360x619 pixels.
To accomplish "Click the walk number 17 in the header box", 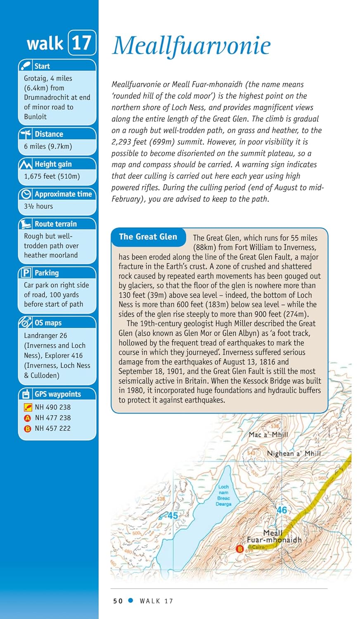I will [x=81, y=43].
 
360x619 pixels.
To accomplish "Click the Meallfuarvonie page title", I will [x=192, y=45].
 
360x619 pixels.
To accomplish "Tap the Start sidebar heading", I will [x=42, y=66].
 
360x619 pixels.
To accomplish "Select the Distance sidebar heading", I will [x=49, y=134].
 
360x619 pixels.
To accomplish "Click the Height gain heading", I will [x=53, y=164].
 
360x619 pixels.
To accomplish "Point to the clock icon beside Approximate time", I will [x=26, y=194].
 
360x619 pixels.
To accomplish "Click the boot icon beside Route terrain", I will [x=26, y=224].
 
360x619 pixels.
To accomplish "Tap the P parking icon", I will [x=26, y=273].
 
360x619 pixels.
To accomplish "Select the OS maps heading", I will [x=48, y=323].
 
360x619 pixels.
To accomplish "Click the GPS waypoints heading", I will [x=57, y=394].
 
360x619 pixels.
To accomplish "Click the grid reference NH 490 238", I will [x=52, y=407].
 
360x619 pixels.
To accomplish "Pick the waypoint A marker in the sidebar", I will [x=28, y=418].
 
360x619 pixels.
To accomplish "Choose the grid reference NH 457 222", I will [x=52, y=428].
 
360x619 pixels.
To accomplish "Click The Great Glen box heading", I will [x=148, y=237].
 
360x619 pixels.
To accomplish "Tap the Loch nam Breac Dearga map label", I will [x=224, y=495].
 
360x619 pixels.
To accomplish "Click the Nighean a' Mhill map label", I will [x=294, y=453].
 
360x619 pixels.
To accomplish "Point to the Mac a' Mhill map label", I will [x=268, y=435].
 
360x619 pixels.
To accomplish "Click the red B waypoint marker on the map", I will [x=239, y=549].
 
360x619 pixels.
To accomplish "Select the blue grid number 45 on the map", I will [x=172, y=515].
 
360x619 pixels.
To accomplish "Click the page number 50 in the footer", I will [x=118, y=601].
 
